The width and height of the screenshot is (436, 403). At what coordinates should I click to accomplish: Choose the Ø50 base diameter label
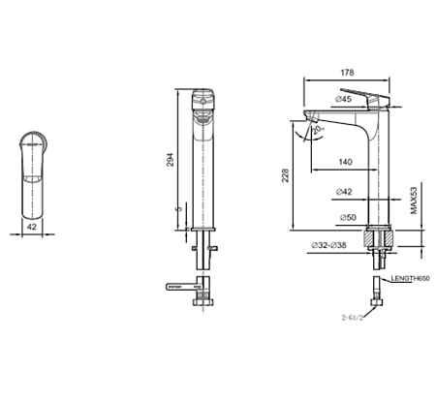pyautogui.click(x=344, y=219)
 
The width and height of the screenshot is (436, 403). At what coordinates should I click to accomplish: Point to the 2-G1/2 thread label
pyautogui.click(x=356, y=317)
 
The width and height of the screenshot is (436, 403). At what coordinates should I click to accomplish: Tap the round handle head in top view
pyautogui.click(x=33, y=142)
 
